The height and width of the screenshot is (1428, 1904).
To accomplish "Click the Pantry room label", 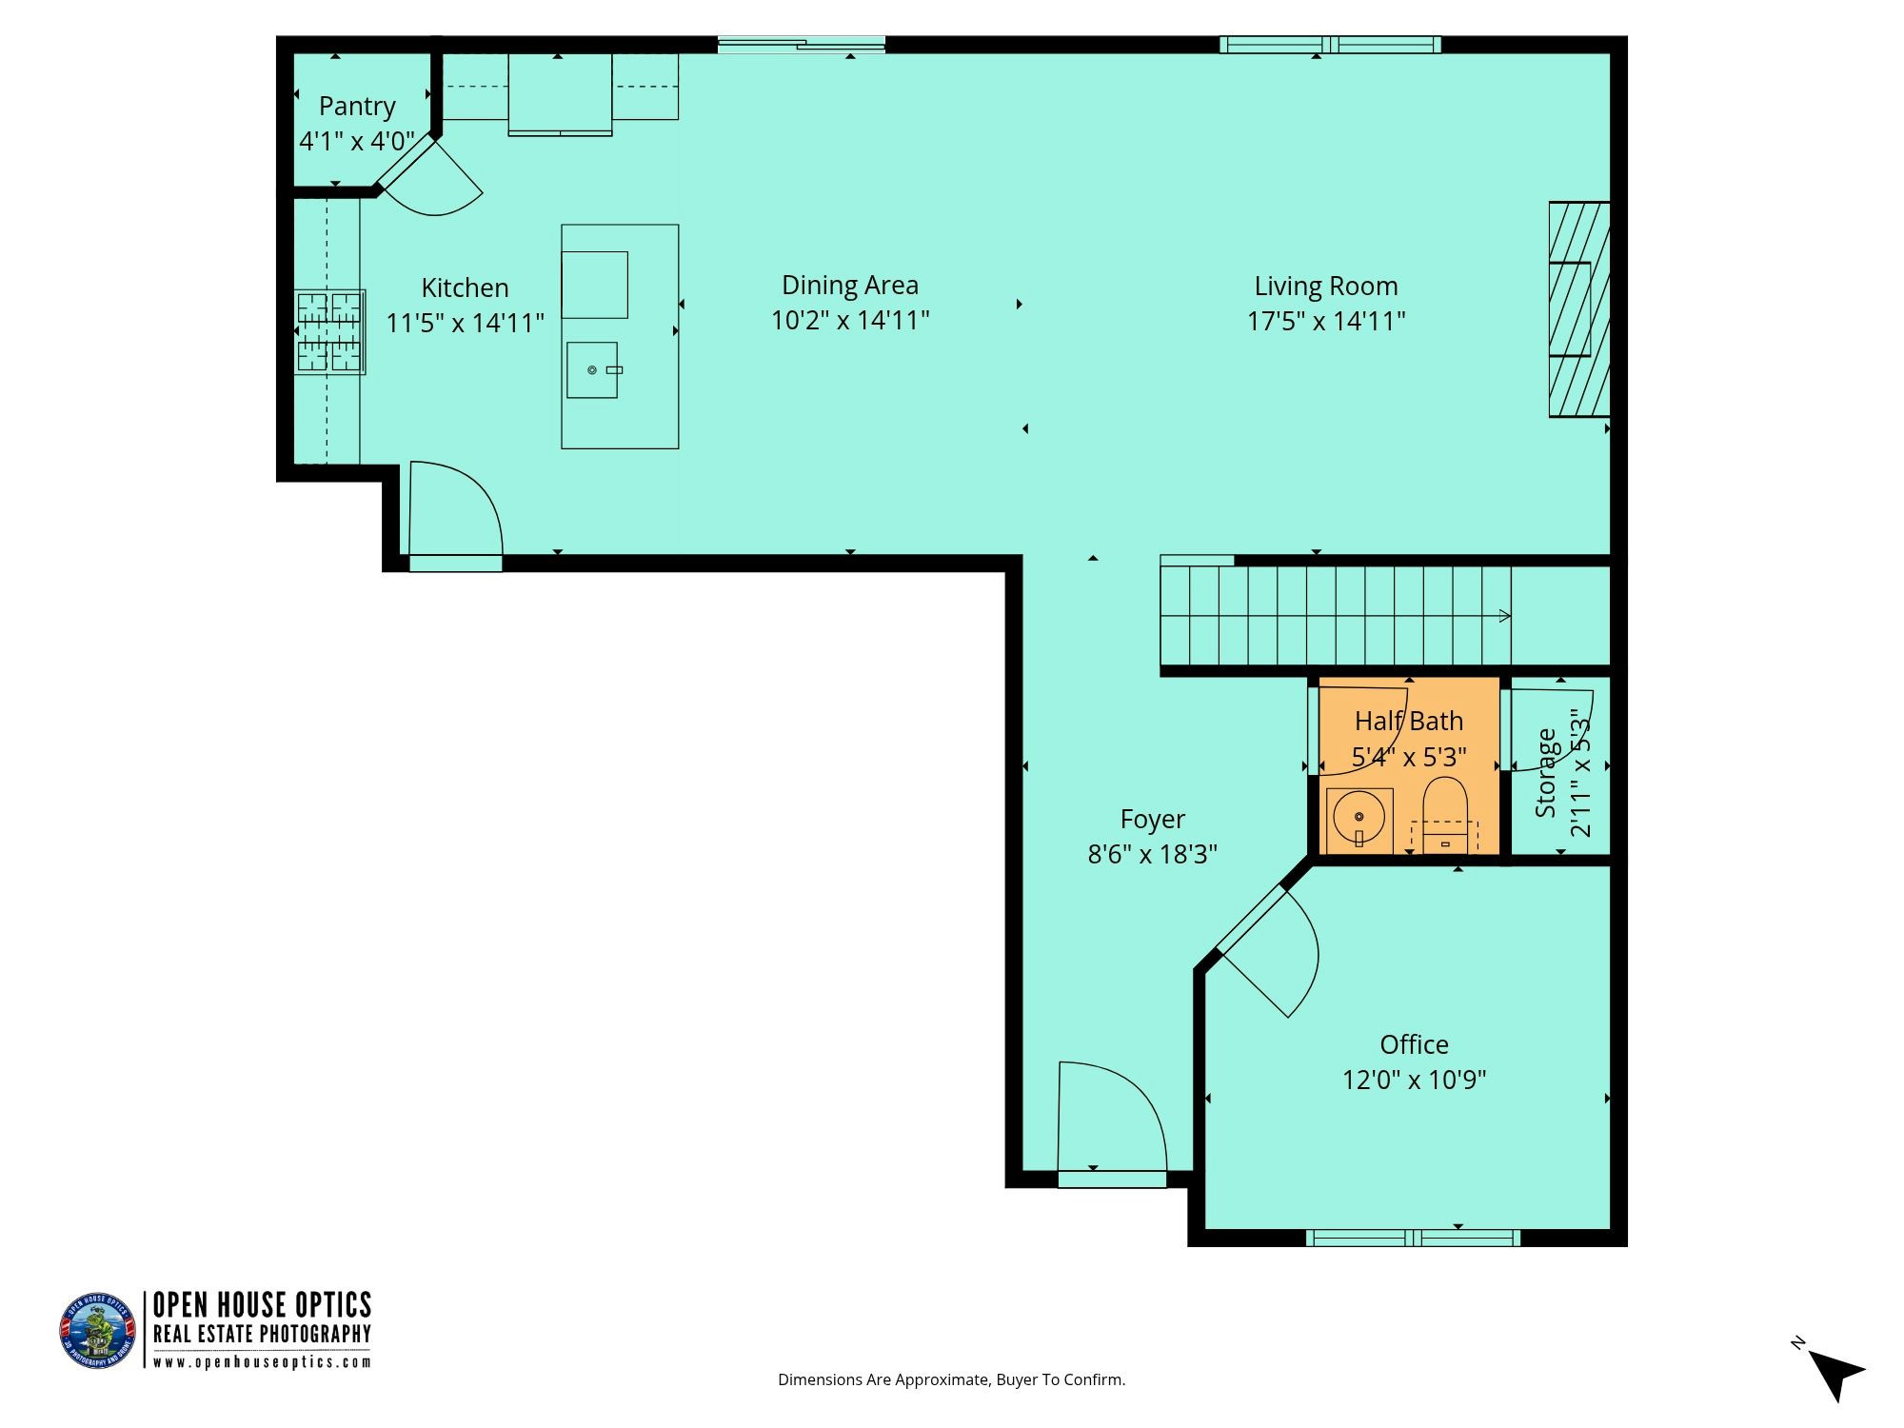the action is point(357,107).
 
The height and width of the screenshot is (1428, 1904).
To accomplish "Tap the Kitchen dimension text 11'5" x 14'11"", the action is point(466,323).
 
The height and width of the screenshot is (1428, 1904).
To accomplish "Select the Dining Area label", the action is point(850,285).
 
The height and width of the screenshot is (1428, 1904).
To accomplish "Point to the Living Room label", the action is point(1326,286).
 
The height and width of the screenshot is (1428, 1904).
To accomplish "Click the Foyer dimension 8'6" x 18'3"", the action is point(1153,854).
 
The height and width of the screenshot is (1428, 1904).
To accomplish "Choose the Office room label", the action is point(1415,1044).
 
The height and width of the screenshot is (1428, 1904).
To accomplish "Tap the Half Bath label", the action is point(1409,721).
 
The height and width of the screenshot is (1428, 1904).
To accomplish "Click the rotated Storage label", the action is point(1546,773).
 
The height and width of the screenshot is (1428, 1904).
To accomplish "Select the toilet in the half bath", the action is point(1445,814).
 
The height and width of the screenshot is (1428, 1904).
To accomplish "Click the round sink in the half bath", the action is point(1359,817).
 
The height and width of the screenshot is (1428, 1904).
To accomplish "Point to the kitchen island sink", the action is point(592,369).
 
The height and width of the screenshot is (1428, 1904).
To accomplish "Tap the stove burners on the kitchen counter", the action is point(329,331).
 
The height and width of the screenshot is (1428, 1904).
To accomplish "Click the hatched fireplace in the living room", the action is point(1579,309).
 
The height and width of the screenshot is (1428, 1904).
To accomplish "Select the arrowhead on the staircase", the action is point(1506,616).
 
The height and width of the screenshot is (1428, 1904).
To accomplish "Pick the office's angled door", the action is point(1267,951).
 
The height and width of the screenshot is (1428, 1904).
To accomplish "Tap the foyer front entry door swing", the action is point(1112,1116).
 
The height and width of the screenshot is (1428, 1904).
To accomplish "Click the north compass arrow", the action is point(1835,1372).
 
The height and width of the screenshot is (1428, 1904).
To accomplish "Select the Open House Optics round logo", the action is point(98,1331).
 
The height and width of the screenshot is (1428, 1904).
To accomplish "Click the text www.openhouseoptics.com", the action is point(262,1362).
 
